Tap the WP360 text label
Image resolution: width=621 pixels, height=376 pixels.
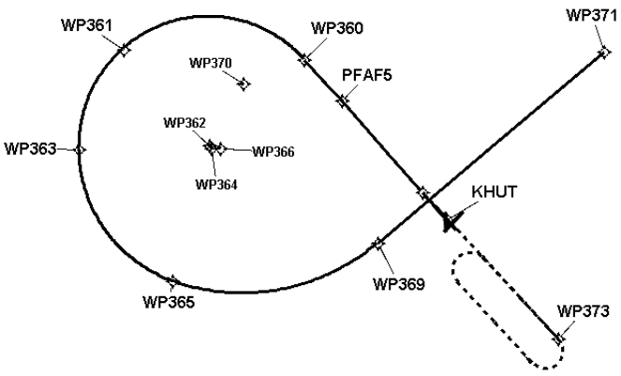337,28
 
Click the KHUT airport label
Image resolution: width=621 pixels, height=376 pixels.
495,192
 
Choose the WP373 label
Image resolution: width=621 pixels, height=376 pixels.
583,310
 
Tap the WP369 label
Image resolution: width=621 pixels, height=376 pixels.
398,282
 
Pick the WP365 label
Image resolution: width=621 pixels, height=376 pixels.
169,302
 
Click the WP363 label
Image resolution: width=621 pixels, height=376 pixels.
29,148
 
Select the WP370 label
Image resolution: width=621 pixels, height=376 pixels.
211,64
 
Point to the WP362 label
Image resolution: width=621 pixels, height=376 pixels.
185,123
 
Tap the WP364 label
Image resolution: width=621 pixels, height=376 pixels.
216,184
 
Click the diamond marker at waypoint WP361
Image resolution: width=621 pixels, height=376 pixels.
125,50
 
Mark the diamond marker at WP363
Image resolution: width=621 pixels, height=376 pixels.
80,149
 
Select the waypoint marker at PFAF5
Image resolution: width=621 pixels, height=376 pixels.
343,100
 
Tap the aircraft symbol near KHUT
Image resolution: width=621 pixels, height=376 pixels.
451,221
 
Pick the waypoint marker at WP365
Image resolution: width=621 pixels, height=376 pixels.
172,280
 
